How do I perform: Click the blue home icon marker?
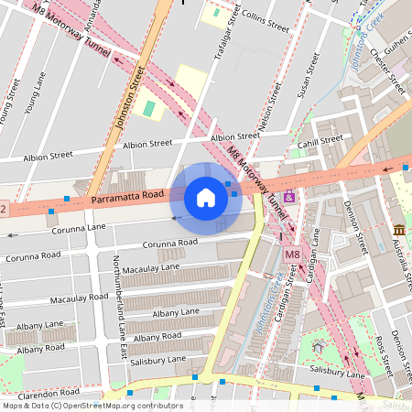tap(206, 198)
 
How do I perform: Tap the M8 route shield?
tap(292, 254)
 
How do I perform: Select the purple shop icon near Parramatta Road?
tap(289, 197)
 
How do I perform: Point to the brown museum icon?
tap(399, 229)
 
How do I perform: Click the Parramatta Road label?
tap(127, 197)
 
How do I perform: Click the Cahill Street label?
tap(320, 141)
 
